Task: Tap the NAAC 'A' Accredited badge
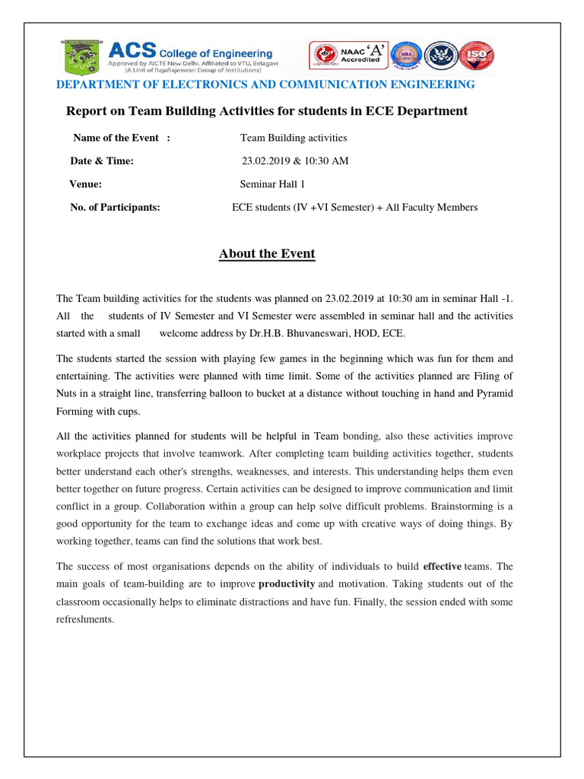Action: [360, 56]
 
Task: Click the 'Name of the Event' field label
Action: [116, 138]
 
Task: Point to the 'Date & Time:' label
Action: [102, 161]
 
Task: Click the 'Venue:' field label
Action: [86, 183]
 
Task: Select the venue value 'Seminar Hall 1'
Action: [273, 183]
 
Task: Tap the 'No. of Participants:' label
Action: [115, 207]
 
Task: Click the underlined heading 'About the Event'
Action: [267, 253]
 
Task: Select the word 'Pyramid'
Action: [494, 394]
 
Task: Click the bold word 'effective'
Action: [443, 566]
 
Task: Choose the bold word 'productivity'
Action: [287, 583]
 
